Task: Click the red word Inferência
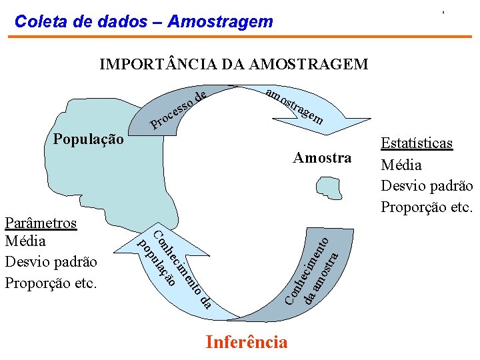247,343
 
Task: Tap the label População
87,140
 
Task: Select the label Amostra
322,158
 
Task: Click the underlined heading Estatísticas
417,143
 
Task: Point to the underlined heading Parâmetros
41,223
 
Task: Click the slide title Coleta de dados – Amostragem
143,22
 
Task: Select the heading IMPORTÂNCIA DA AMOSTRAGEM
233,65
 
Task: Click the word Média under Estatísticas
401,165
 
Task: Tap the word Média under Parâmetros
25,241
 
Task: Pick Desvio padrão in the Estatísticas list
426,186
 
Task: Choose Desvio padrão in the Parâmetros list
51,262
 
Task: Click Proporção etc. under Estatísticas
426,207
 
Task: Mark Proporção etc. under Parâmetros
51,283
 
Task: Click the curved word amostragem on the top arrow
294,107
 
